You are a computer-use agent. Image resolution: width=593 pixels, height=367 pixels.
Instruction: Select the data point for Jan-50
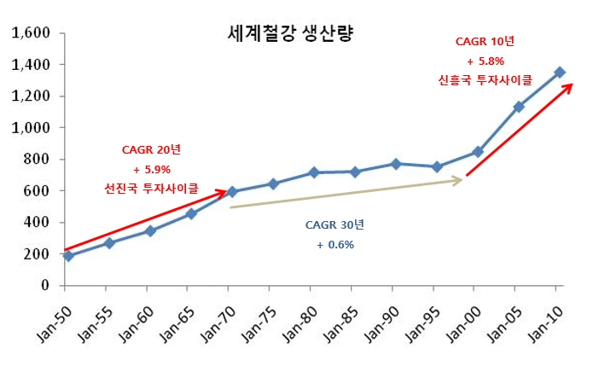(x=68, y=255)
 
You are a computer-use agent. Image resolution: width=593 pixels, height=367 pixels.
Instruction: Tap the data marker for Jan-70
(x=231, y=192)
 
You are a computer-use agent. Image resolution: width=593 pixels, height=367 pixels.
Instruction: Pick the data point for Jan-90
(x=395, y=163)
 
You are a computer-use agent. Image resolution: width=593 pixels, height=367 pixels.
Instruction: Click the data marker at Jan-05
(x=518, y=107)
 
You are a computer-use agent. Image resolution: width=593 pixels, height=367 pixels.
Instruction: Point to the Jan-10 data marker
(x=560, y=73)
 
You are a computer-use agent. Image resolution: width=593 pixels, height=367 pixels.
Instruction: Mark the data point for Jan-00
(x=478, y=152)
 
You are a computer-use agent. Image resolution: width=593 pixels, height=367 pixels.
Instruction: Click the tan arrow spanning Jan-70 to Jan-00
(x=346, y=194)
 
